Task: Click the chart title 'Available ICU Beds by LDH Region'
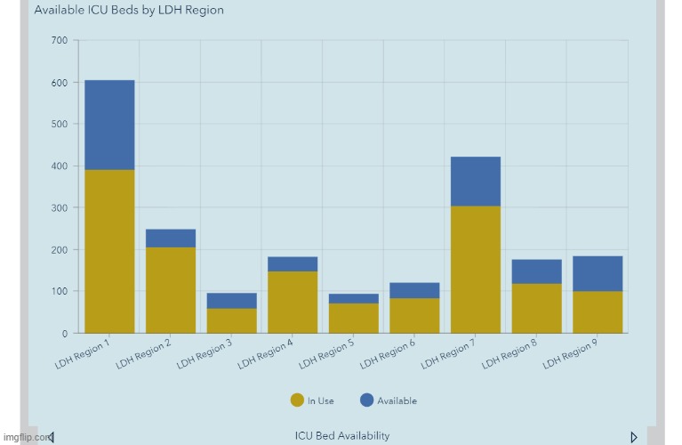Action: tap(129, 11)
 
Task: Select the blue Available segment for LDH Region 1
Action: tap(109, 125)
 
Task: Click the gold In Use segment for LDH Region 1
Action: tap(109, 251)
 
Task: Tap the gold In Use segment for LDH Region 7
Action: tap(476, 270)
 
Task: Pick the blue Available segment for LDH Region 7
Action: tap(476, 182)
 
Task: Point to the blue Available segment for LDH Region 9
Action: tap(598, 273)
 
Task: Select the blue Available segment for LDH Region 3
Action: tap(231, 301)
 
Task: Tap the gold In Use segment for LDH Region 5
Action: tap(353, 318)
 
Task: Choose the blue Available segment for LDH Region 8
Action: tap(536, 271)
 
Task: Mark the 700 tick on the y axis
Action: tap(60, 41)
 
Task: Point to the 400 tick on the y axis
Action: tap(60, 166)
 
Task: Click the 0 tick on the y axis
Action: tap(65, 334)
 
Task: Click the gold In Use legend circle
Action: tap(297, 400)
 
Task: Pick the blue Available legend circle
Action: tap(366, 400)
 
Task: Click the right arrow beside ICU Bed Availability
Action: tap(633, 436)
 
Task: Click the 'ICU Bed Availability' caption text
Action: tap(342, 435)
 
